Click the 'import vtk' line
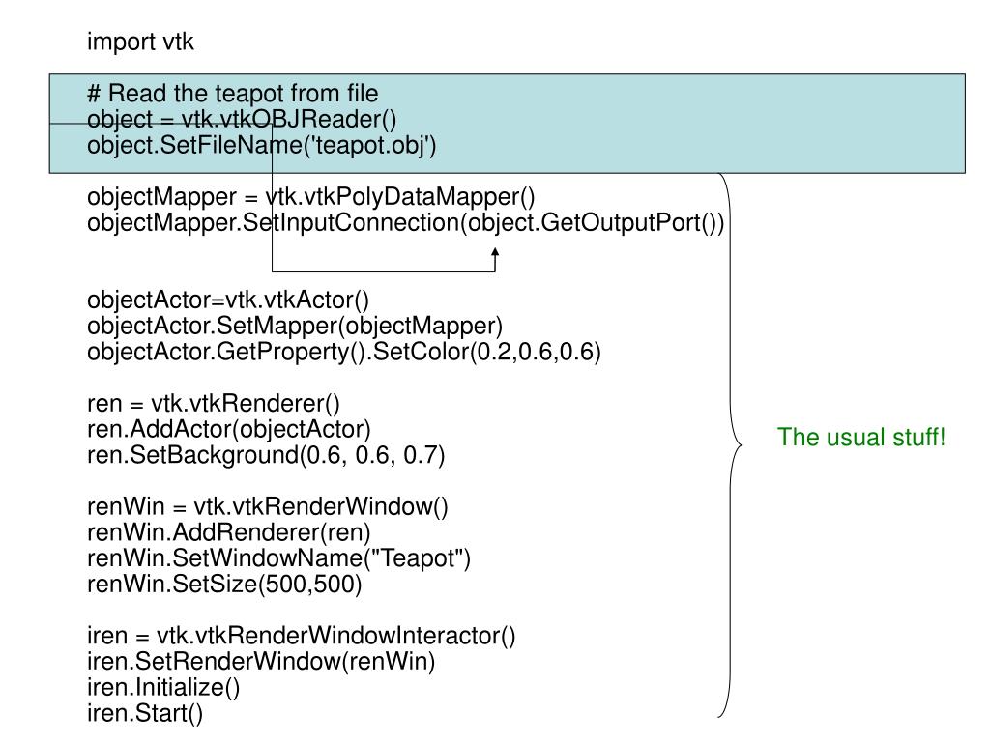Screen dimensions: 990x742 (140, 43)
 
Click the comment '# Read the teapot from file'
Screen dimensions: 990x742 (232, 94)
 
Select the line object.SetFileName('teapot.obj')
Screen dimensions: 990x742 (261, 145)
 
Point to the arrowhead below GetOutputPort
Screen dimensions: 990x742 (495, 252)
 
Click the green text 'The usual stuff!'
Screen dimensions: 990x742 (861, 438)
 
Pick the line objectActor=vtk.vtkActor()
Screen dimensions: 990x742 (228, 300)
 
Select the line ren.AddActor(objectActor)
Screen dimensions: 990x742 (228, 429)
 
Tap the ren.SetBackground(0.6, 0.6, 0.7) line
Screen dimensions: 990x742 (266, 455)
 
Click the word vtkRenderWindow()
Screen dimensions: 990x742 (321, 506)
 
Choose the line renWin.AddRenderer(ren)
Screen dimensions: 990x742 (228, 532)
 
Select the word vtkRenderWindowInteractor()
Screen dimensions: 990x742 (335, 636)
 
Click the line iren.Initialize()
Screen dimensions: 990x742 (163, 687)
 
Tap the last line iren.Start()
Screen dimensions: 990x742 (145, 713)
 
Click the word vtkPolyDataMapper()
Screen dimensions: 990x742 (400, 197)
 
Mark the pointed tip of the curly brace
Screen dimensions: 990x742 (742, 444)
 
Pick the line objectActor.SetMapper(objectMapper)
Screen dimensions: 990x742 (295, 327)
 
